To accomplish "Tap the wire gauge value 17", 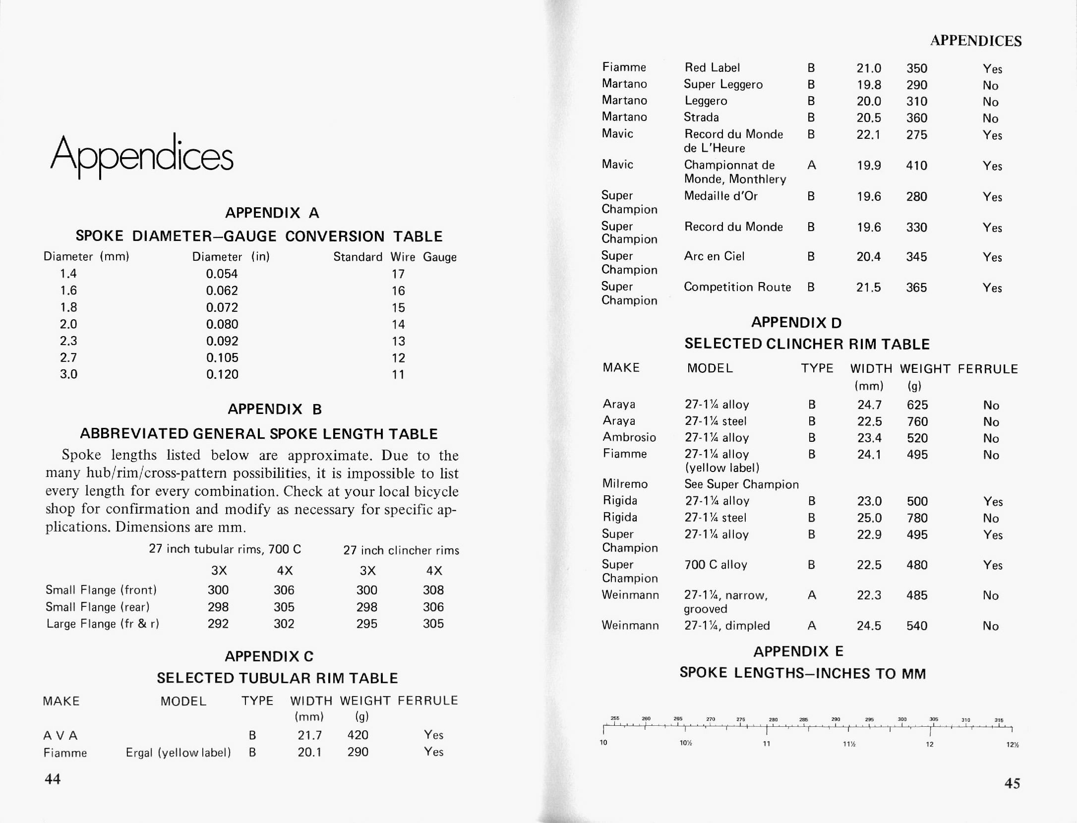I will tap(398, 274).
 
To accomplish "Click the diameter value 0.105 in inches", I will tap(222, 358).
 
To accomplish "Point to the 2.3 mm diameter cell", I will tap(68, 341).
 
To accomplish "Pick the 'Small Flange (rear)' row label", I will tap(97, 607).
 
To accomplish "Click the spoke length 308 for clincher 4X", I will tap(433, 590).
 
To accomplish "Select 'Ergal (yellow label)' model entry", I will tap(179, 753).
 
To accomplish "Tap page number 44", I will tap(53, 779).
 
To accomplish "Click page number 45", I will tap(1012, 783).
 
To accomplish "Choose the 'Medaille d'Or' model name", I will tap(721, 196).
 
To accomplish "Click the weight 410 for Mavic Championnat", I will tap(916, 166).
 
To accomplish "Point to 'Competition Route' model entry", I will tap(737, 287).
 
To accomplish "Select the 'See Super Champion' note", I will tap(741, 484).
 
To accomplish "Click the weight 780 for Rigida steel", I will tap(917, 518).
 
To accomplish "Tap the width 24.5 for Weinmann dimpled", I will tap(869, 626).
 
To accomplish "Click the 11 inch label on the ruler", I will tap(766, 744).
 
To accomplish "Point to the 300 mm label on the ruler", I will tap(902, 719).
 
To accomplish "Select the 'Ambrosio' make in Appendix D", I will tap(629, 437).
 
